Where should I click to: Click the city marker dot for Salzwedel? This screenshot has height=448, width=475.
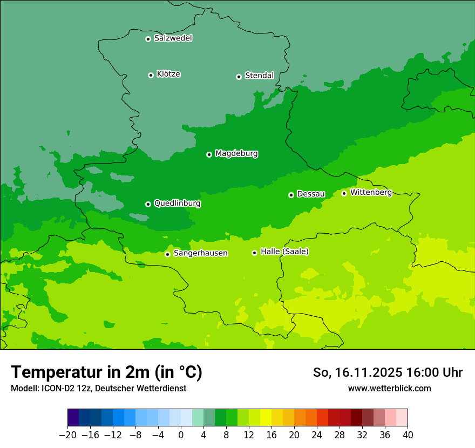click(x=148, y=39)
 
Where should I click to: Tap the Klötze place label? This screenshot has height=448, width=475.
click(x=168, y=74)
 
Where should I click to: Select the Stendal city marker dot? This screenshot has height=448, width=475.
click(x=239, y=77)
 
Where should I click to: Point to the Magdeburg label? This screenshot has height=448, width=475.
click(x=236, y=154)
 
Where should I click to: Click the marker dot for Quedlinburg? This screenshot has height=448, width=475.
click(x=148, y=204)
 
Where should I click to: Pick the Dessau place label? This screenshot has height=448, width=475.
click(x=311, y=194)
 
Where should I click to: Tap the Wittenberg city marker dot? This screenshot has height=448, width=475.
click(x=344, y=193)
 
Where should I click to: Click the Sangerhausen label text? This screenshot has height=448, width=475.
click(x=200, y=253)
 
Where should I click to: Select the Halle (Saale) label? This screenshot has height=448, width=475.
click(x=284, y=252)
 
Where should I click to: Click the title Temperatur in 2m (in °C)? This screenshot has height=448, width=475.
click(x=106, y=372)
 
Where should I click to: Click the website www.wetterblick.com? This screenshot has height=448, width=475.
click(x=389, y=389)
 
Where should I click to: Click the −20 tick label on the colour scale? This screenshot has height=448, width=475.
click(x=67, y=435)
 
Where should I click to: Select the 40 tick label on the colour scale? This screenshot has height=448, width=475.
click(x=408, y=435)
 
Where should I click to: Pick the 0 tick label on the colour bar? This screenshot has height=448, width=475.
click(x=181, y=435)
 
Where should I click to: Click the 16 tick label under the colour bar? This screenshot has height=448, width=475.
click(x=272, y=435)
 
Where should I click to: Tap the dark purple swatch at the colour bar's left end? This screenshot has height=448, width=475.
click(x=73, y=418)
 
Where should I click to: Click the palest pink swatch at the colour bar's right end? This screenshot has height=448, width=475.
click(x=402, y=418)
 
